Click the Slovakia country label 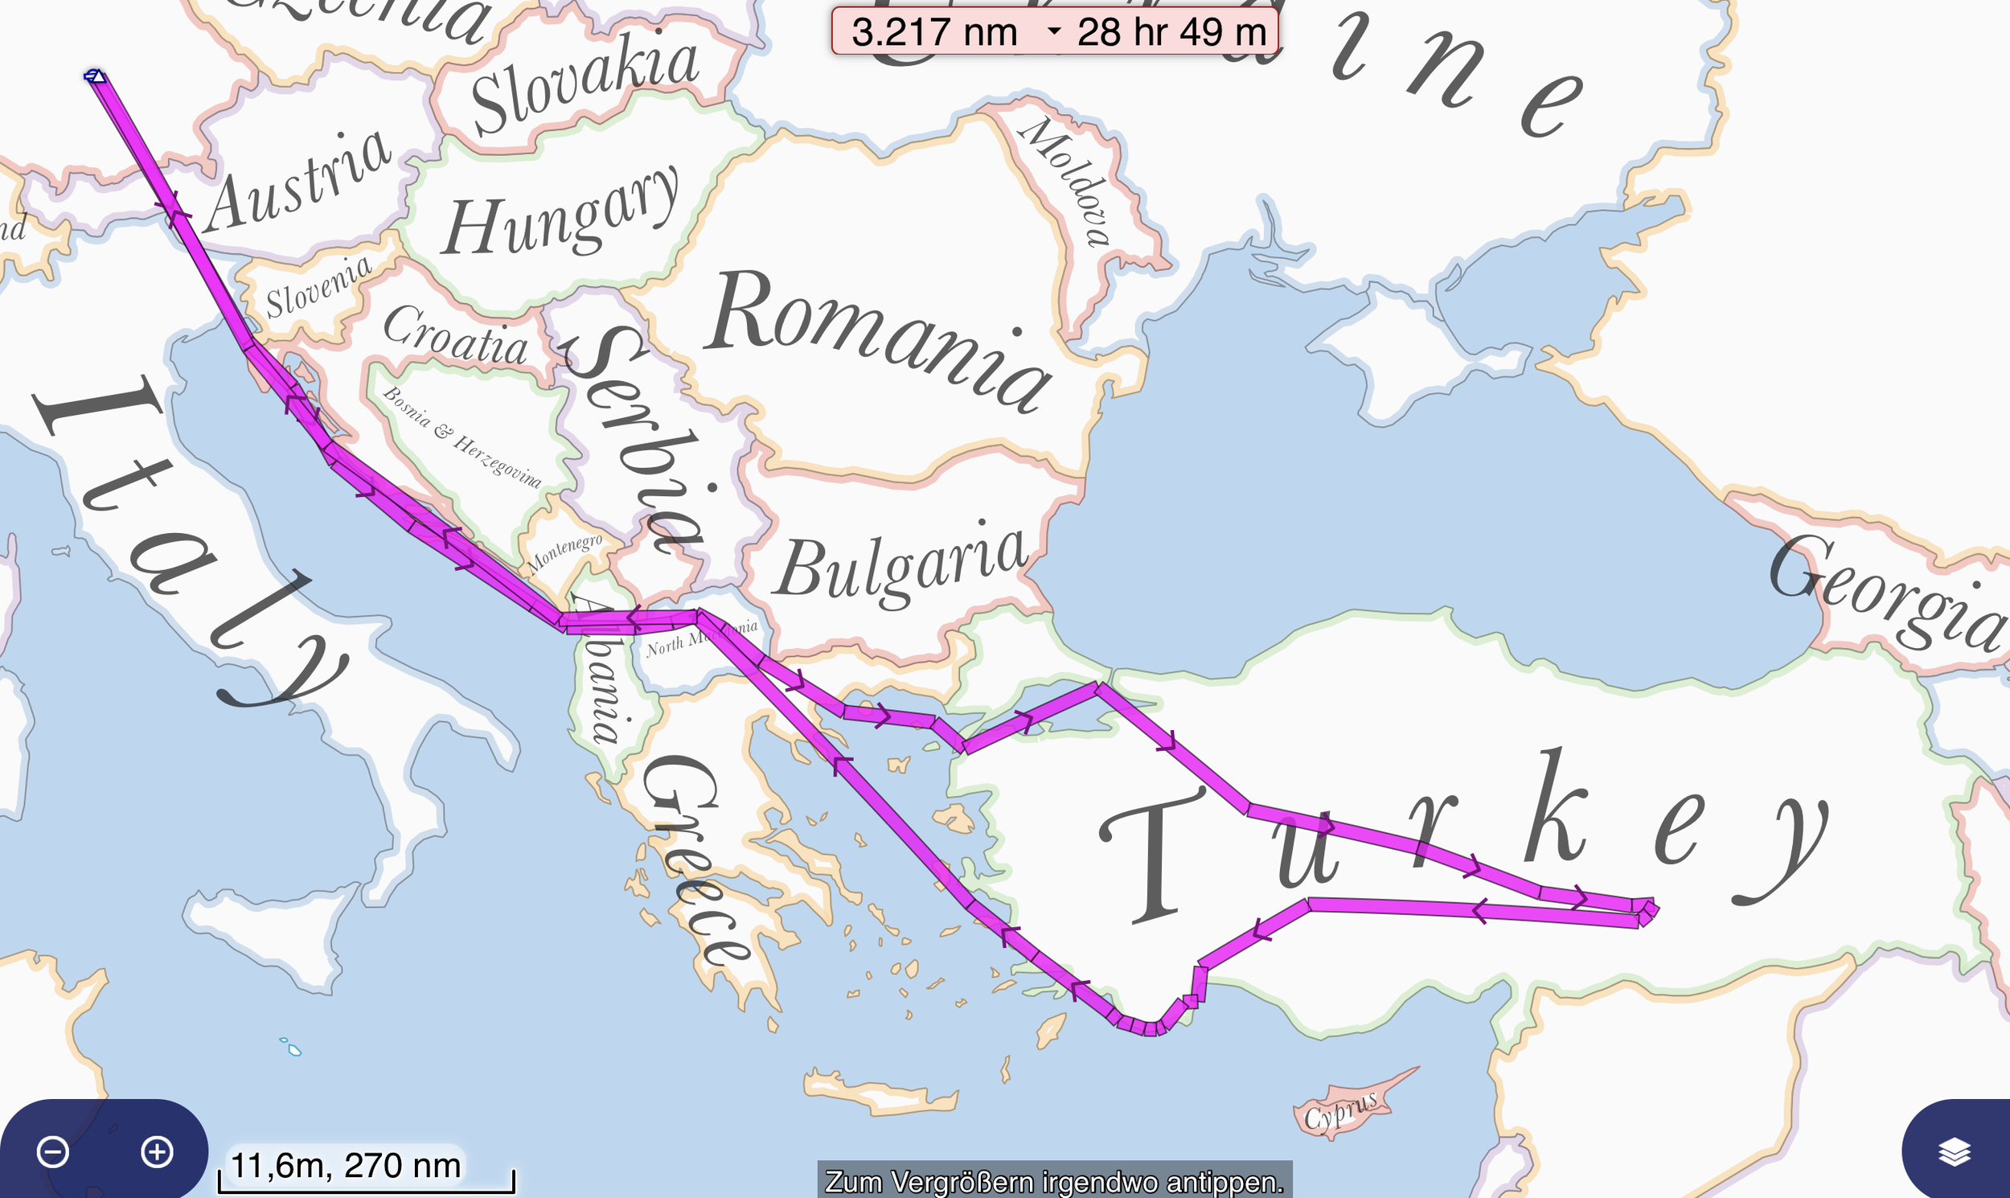click(585, 84)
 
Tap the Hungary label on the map click(562, 214)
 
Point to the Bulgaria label click(900, 565)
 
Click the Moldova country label click(1065, 181)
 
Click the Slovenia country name click(319, 287)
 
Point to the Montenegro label click(565, 552)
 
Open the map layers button click(1955, 1152)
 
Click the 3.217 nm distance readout click(935, 32)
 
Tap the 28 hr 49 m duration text click(1171, 32)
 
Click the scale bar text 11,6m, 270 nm click(346, 1165)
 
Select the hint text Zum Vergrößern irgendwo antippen click(1054, 1182)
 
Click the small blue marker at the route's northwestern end click(94, 76)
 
